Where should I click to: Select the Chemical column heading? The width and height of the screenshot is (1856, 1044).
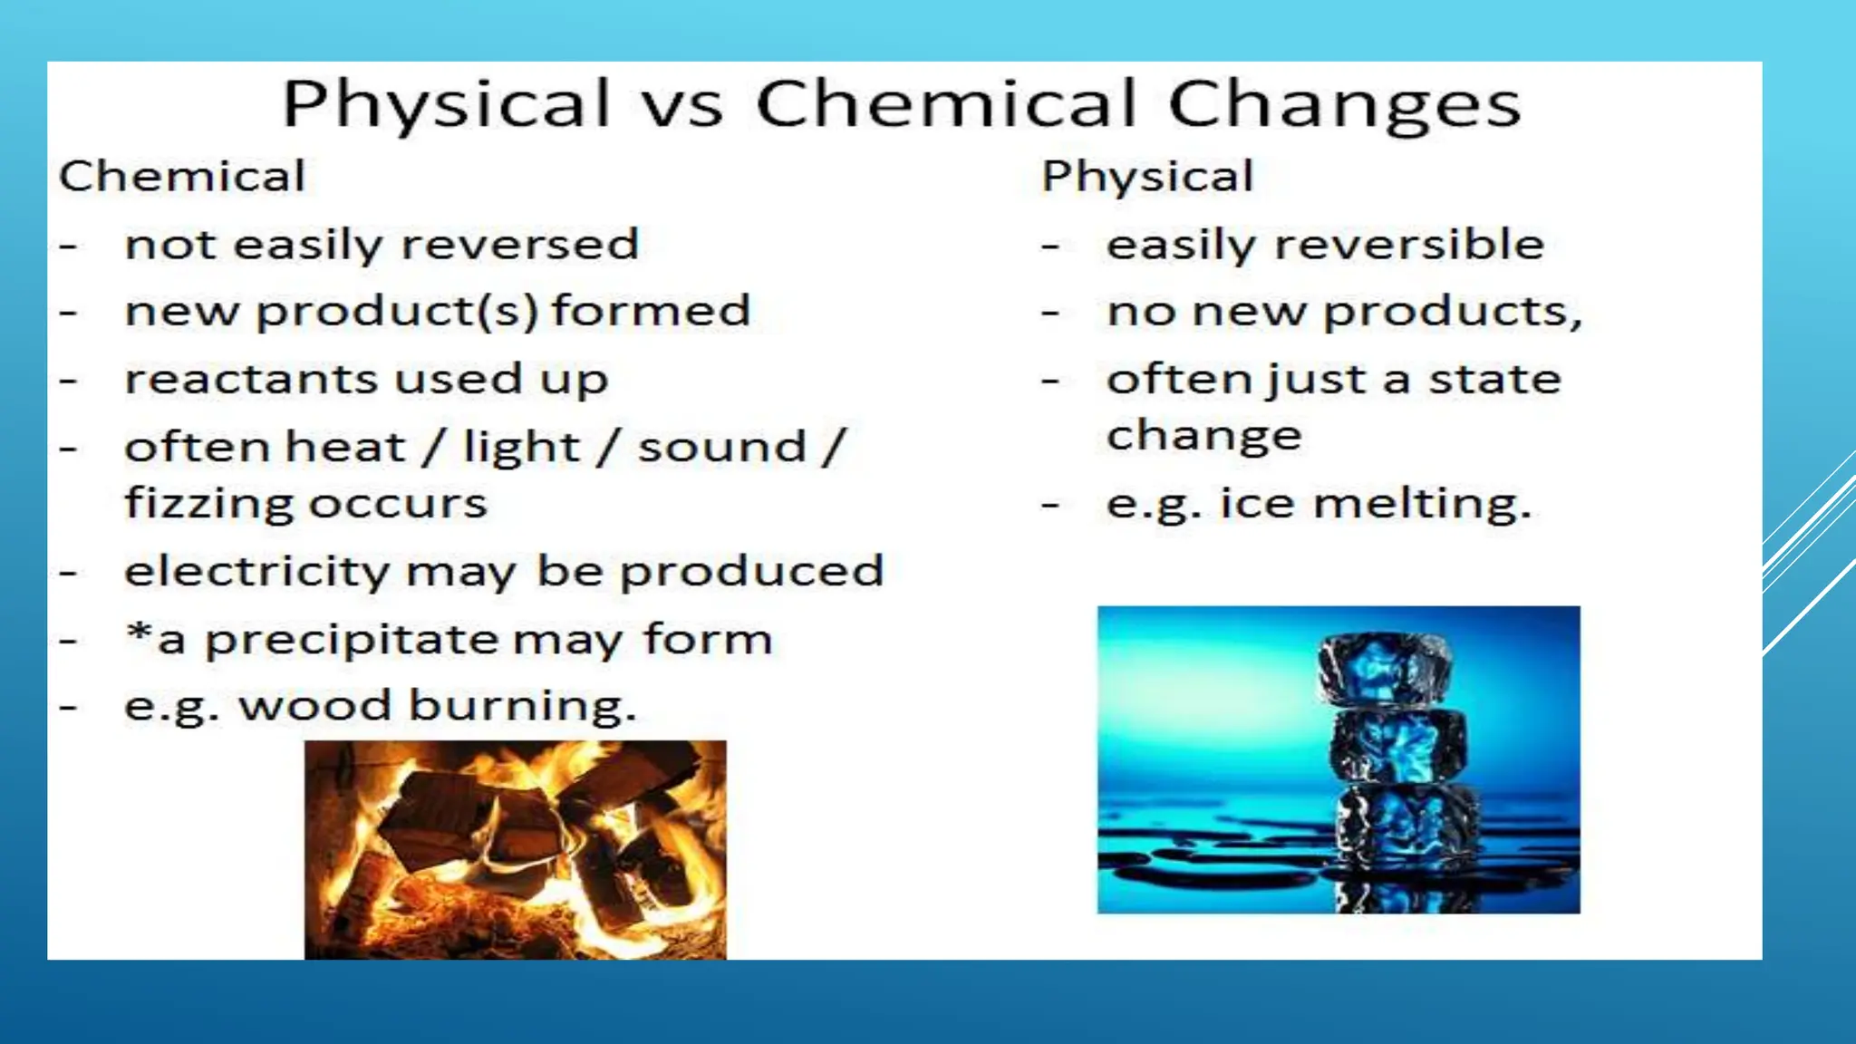point(182,176)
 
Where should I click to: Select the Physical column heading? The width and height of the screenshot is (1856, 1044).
point(1147,176)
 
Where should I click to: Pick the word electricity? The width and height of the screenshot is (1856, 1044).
point(256,572)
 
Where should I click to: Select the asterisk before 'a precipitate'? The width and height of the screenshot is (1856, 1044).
point(139,632)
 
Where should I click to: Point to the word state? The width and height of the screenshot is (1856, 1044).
point(1495,379)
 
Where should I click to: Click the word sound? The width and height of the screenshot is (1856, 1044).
point(721,448)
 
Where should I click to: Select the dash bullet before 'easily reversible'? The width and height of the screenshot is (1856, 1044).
point(1050,246)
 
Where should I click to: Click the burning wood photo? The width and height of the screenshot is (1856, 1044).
point(515,849)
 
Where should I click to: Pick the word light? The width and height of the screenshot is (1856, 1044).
point(520,448)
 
